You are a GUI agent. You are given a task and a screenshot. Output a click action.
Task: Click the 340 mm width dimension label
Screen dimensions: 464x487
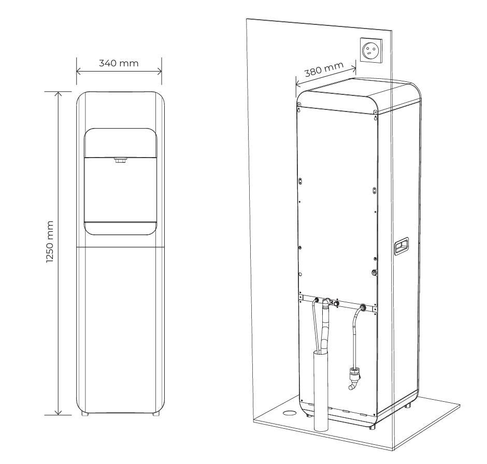click(x=119, y=63)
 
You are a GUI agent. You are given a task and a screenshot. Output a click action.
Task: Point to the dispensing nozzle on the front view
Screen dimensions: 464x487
click(x=120, y=161)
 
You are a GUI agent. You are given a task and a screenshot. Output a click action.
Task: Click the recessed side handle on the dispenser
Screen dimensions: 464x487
click(x=401, y=245)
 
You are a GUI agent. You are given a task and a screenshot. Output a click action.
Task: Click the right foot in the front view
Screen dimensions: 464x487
click(x=155, y=414)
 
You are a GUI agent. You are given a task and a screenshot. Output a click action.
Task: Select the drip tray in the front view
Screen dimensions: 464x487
click(x=121, y=228)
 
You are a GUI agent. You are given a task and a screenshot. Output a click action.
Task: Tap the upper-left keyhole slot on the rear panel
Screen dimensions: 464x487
click(x=300, y=109)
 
